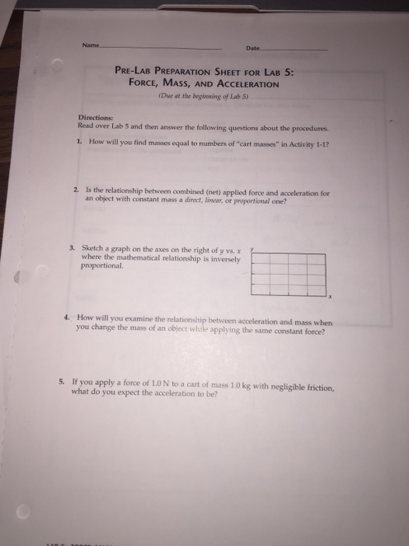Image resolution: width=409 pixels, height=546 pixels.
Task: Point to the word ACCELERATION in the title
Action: (x=242, y=83)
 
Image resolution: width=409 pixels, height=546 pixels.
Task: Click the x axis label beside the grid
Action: (x=330, y=297)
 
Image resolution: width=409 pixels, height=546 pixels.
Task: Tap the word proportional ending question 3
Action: (x=102, y=265)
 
